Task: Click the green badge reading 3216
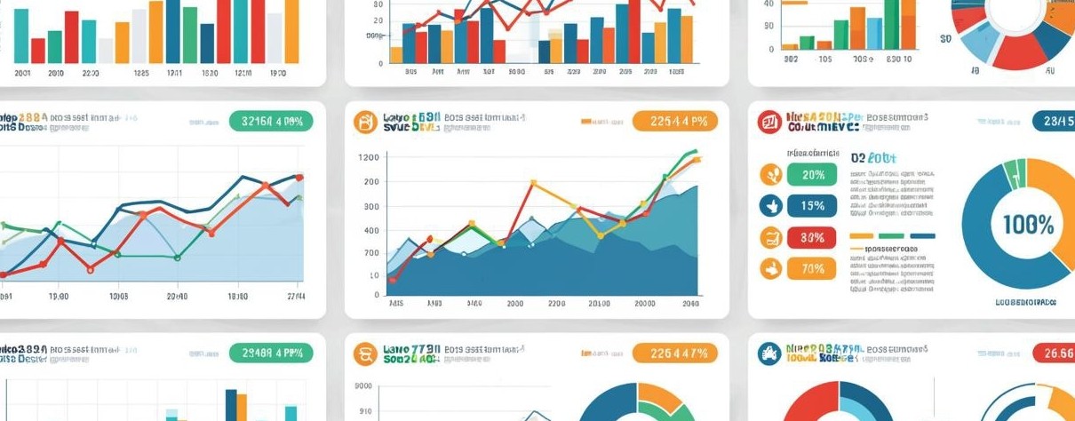[271, 122]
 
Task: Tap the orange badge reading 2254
[674, 122]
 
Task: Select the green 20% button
[812, 175]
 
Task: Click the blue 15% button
[812, 206]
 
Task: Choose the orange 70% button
[812, 268]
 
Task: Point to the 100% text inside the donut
[1028, 224]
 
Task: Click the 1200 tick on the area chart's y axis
[368, 157]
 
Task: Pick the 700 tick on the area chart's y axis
[370, 253]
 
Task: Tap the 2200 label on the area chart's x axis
[557, 303]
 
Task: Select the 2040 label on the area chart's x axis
[690, 303]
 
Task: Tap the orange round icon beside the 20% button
[770, 175]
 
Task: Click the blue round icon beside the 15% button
[770, 206]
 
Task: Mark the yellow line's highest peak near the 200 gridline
[533, 183]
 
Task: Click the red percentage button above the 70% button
[812, 237]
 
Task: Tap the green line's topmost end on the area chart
[695, 152]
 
